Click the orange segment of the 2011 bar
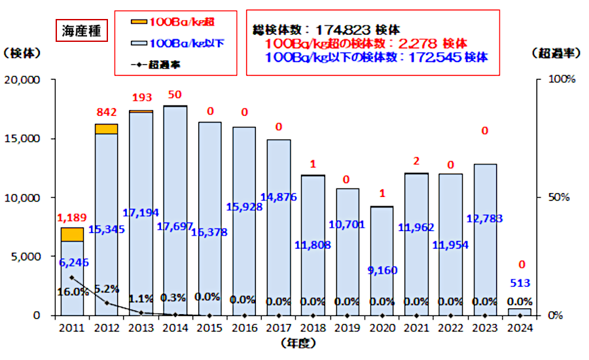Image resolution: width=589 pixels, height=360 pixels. pos(72,234)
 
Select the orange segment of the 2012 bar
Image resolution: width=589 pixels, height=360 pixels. pos(107,129)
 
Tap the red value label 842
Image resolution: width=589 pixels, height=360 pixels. pos(107,112)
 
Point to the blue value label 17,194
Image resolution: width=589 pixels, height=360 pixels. pos(141,213)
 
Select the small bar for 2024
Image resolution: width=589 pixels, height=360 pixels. pos(520,312)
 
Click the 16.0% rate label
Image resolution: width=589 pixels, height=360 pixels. pos(72,292)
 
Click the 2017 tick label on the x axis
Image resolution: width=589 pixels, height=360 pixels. pos(279,328)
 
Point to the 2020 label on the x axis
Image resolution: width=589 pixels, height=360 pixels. pos(382,328)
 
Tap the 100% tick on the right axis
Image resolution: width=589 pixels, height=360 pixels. pos(562,80)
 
